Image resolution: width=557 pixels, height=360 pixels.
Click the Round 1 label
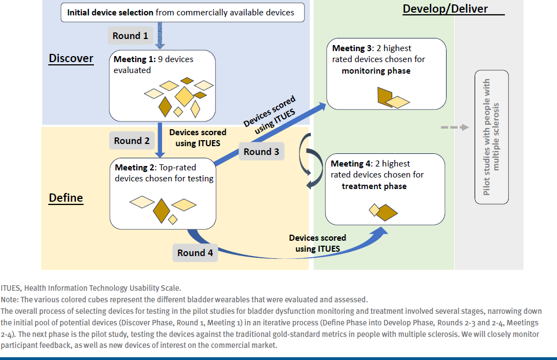point(130,36)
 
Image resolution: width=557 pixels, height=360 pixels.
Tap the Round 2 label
point(132,141)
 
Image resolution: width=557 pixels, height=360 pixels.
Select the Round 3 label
point(261,152)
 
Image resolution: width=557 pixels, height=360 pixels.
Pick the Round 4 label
point(195,253)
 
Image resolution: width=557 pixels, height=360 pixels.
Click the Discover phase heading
point(71,58)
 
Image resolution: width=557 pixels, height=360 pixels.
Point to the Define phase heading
point(66,197)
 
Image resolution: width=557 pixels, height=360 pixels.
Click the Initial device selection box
point(182,12)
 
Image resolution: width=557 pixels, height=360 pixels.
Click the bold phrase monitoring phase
point(376,71)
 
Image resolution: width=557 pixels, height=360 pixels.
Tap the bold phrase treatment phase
point(374,186)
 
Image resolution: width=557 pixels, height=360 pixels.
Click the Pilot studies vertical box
point(492,137)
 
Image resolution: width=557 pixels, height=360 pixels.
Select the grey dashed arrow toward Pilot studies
point(455,128)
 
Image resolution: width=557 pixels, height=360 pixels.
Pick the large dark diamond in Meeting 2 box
point(161,209)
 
